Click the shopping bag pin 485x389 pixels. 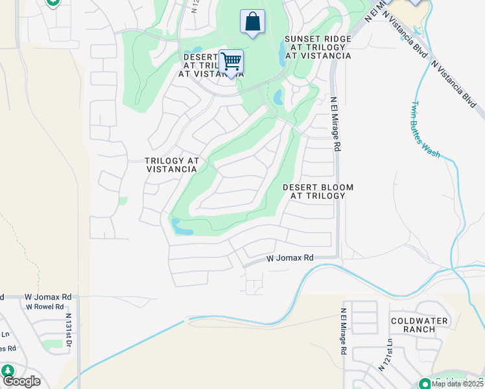coord(252,21)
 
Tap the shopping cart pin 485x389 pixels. coord(231,62)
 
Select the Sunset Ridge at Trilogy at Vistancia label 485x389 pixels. coord(318,48)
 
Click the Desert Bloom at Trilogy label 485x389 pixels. coord(318,191)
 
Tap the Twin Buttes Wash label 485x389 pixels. coord(425,130)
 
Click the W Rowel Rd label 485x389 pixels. coord(44,307)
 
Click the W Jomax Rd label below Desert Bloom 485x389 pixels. coord(290,258)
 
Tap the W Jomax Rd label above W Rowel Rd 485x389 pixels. coord(46,297)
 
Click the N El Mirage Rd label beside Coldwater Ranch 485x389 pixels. coord(342,330)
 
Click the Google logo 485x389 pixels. coord(21,381)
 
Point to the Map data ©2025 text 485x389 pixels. coord(457,384)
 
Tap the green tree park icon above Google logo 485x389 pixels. coord(8,371)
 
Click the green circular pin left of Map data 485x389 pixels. coord(425,383)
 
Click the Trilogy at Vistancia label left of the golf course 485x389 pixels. coord(171,165)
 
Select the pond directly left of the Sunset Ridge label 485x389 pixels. coord(282,57)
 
